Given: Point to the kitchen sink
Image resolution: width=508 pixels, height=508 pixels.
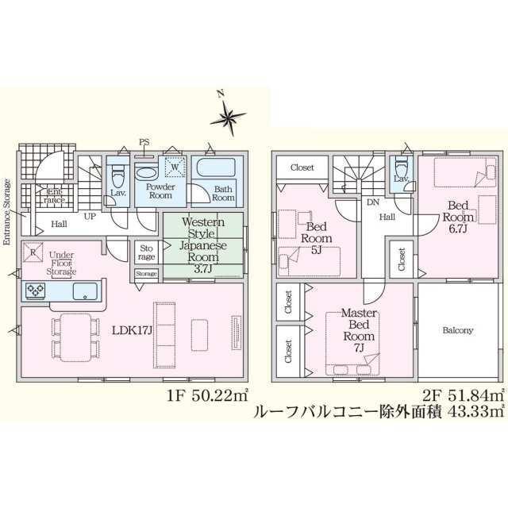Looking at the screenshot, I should pos(83,291).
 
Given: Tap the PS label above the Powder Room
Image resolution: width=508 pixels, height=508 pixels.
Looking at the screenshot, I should pos(144,144).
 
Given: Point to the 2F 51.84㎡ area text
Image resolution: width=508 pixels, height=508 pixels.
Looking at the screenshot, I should pos(460,394).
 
